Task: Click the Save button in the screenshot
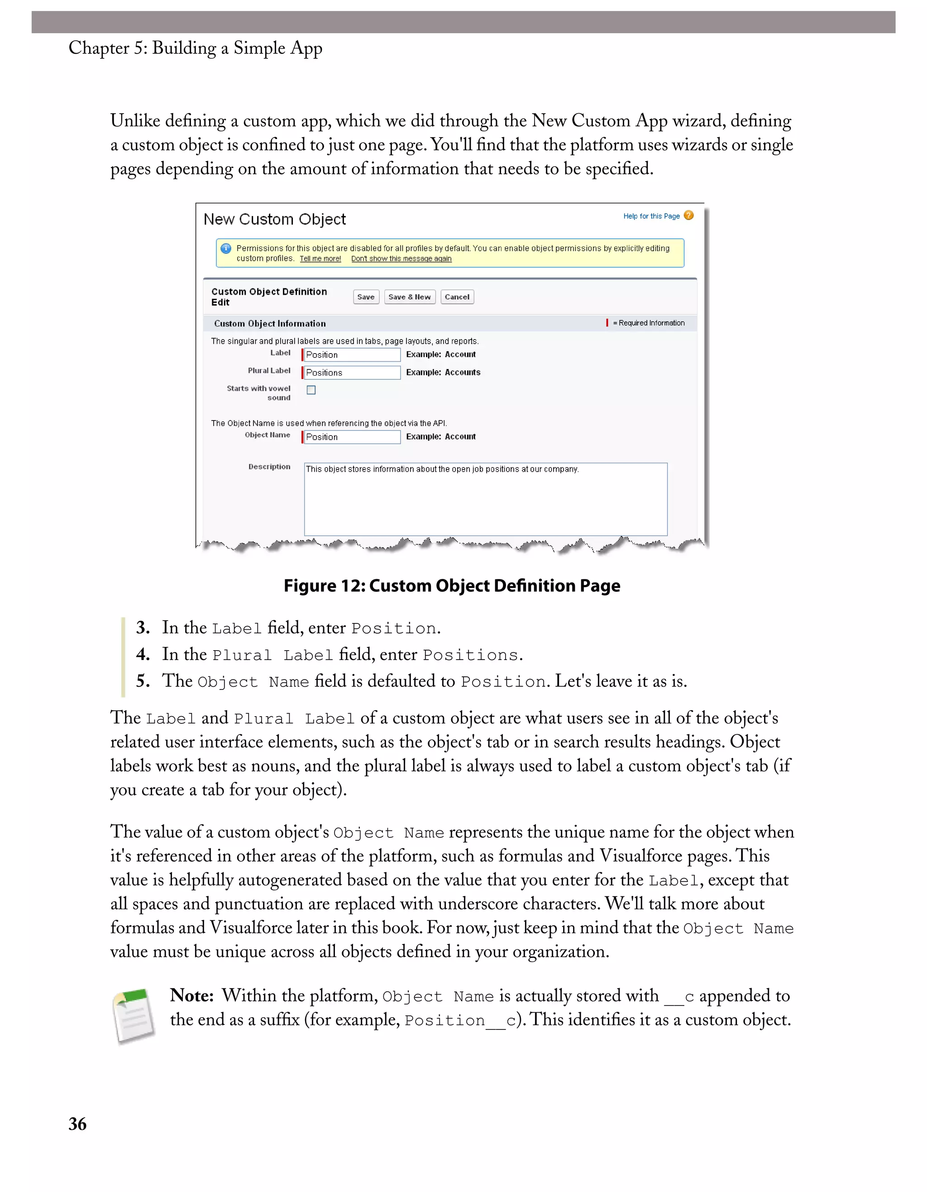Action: click(x=366, y=297)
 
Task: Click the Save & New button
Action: click(x=409, y=297)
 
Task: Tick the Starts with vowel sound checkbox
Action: click(x=311, y=390)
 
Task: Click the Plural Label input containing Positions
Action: click(x=352, y=373)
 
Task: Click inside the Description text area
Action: click(x=485, y=499)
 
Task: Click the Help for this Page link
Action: click(x=651, y=216)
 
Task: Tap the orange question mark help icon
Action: click(x=688, y=215)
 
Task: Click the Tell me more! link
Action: click(x=320, y=259)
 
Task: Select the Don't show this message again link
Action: click(x=401, y=259)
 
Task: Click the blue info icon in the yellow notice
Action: click(x=226, y=249)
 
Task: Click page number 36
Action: click(x=77, y=1124)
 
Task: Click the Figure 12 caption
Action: click(x=452, y=586)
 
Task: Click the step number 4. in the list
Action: click(x=143, y=654)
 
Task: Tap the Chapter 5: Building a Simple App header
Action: click(x=196, y=48)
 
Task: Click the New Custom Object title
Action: click(x=274, y=220)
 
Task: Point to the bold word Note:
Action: click(x=191, y=996)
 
